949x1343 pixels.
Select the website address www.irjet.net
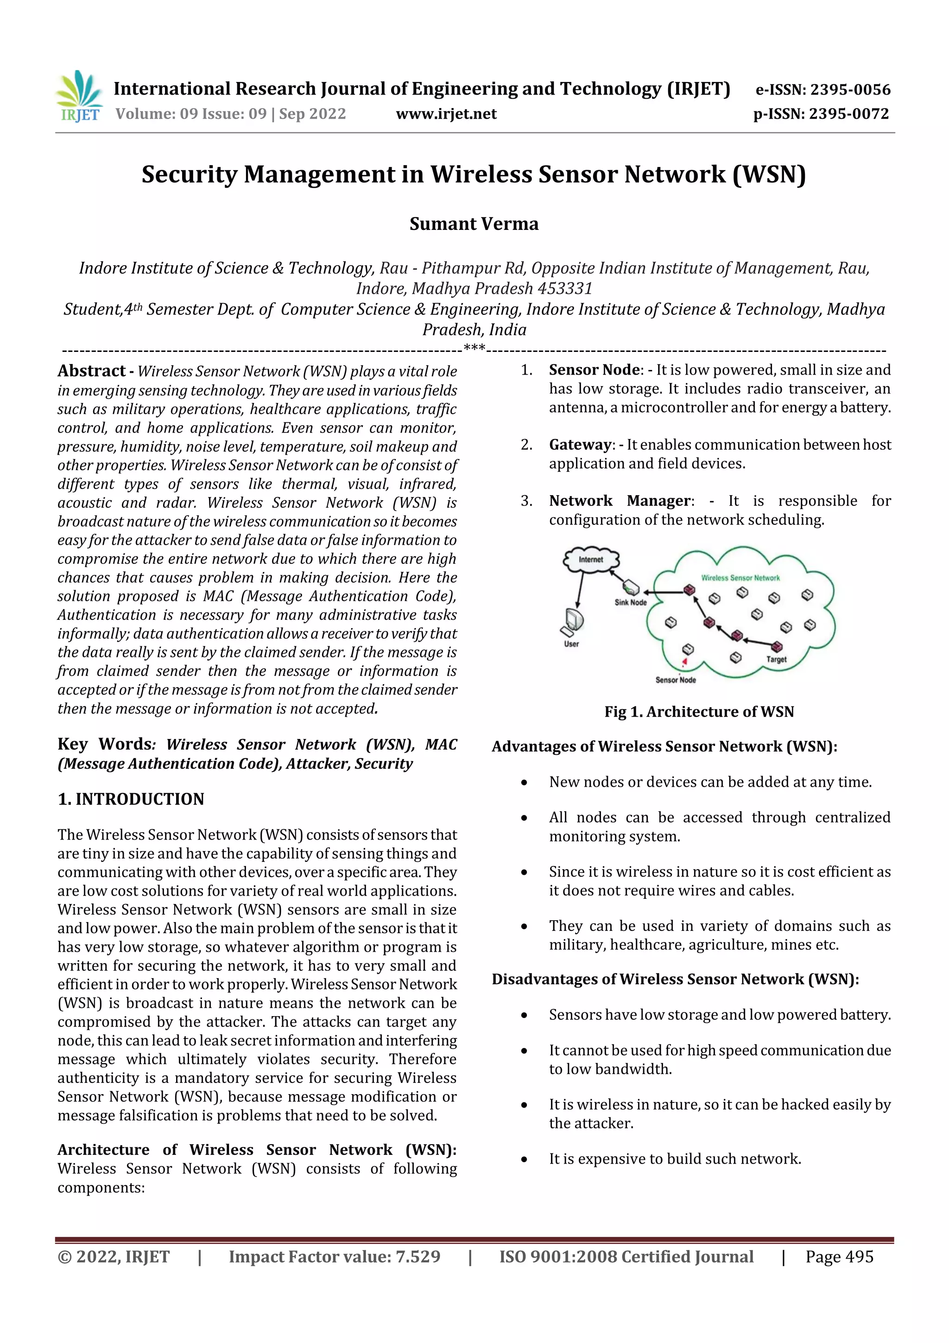446,114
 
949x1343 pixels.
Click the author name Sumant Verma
474,224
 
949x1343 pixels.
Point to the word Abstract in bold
91,371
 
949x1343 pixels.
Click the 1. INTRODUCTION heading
131,799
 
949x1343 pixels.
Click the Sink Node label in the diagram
630,603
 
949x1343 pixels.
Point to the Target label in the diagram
777,659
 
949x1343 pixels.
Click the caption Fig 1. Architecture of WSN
699,712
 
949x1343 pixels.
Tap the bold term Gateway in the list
580,445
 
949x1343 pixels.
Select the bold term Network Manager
619,501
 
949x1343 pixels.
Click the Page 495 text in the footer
839,1256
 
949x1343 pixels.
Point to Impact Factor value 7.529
335,1256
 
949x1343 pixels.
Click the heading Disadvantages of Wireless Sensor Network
675,979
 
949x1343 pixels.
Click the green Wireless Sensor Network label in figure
740,578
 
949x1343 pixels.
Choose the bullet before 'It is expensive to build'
525,1159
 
